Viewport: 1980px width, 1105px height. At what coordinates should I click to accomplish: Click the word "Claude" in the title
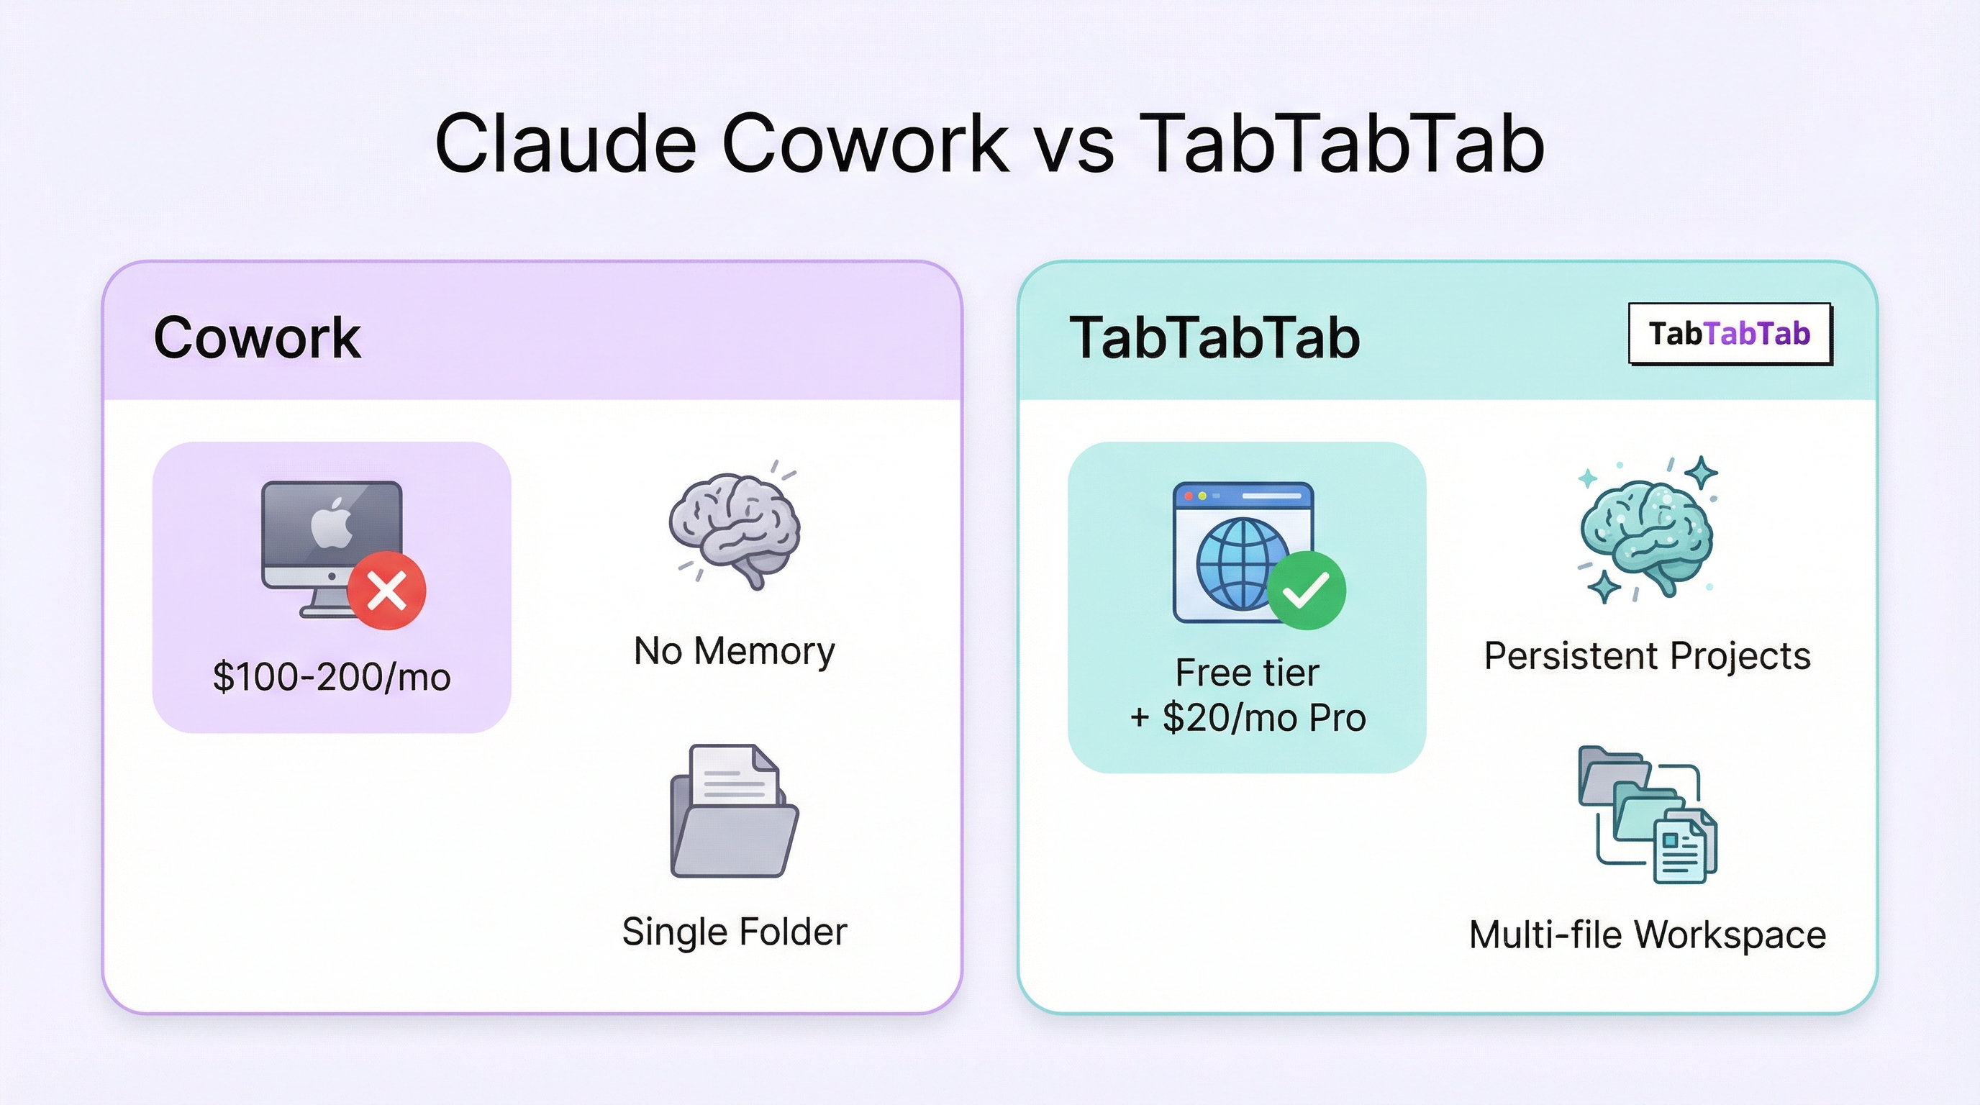565,144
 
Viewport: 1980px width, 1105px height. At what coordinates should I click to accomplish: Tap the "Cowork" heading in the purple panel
257,337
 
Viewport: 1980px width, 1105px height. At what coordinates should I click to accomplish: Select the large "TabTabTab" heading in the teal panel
1214,337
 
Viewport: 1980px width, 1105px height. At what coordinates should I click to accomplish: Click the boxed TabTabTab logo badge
1730,334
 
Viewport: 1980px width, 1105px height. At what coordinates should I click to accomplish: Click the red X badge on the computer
386,590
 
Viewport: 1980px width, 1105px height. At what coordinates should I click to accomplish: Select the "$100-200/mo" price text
331,677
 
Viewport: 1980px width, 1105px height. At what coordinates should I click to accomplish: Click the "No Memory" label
734,651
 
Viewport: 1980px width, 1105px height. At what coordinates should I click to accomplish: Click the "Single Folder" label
734,932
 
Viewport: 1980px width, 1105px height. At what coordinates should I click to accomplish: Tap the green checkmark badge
1306,590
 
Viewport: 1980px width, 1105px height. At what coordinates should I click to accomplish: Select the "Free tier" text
1247,673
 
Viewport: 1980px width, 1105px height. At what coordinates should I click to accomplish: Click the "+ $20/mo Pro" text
1247,718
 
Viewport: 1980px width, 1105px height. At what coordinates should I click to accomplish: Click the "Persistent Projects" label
1646,655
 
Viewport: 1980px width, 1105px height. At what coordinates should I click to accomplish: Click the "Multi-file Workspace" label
1646,935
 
